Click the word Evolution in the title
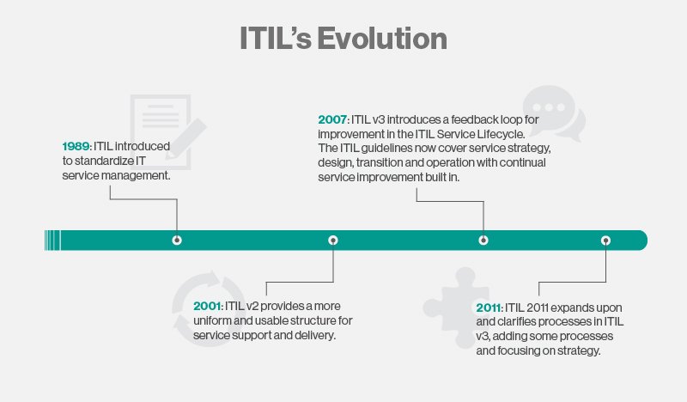tap(382, 38)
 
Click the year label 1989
tap(76, 146)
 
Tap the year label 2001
tap(207, 306)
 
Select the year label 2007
tap(332, 119)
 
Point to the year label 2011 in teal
tap(489, 308)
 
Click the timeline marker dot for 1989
tap(177, 241)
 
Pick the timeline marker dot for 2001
tap(333, 241)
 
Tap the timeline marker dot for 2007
tap(483, 241)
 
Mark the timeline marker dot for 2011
tap(605, 241)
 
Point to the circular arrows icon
tap(209, 308)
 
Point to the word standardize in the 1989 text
tap(104, 161)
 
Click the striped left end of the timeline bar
tap(52, 241)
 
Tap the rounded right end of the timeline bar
tap(641, 241)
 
